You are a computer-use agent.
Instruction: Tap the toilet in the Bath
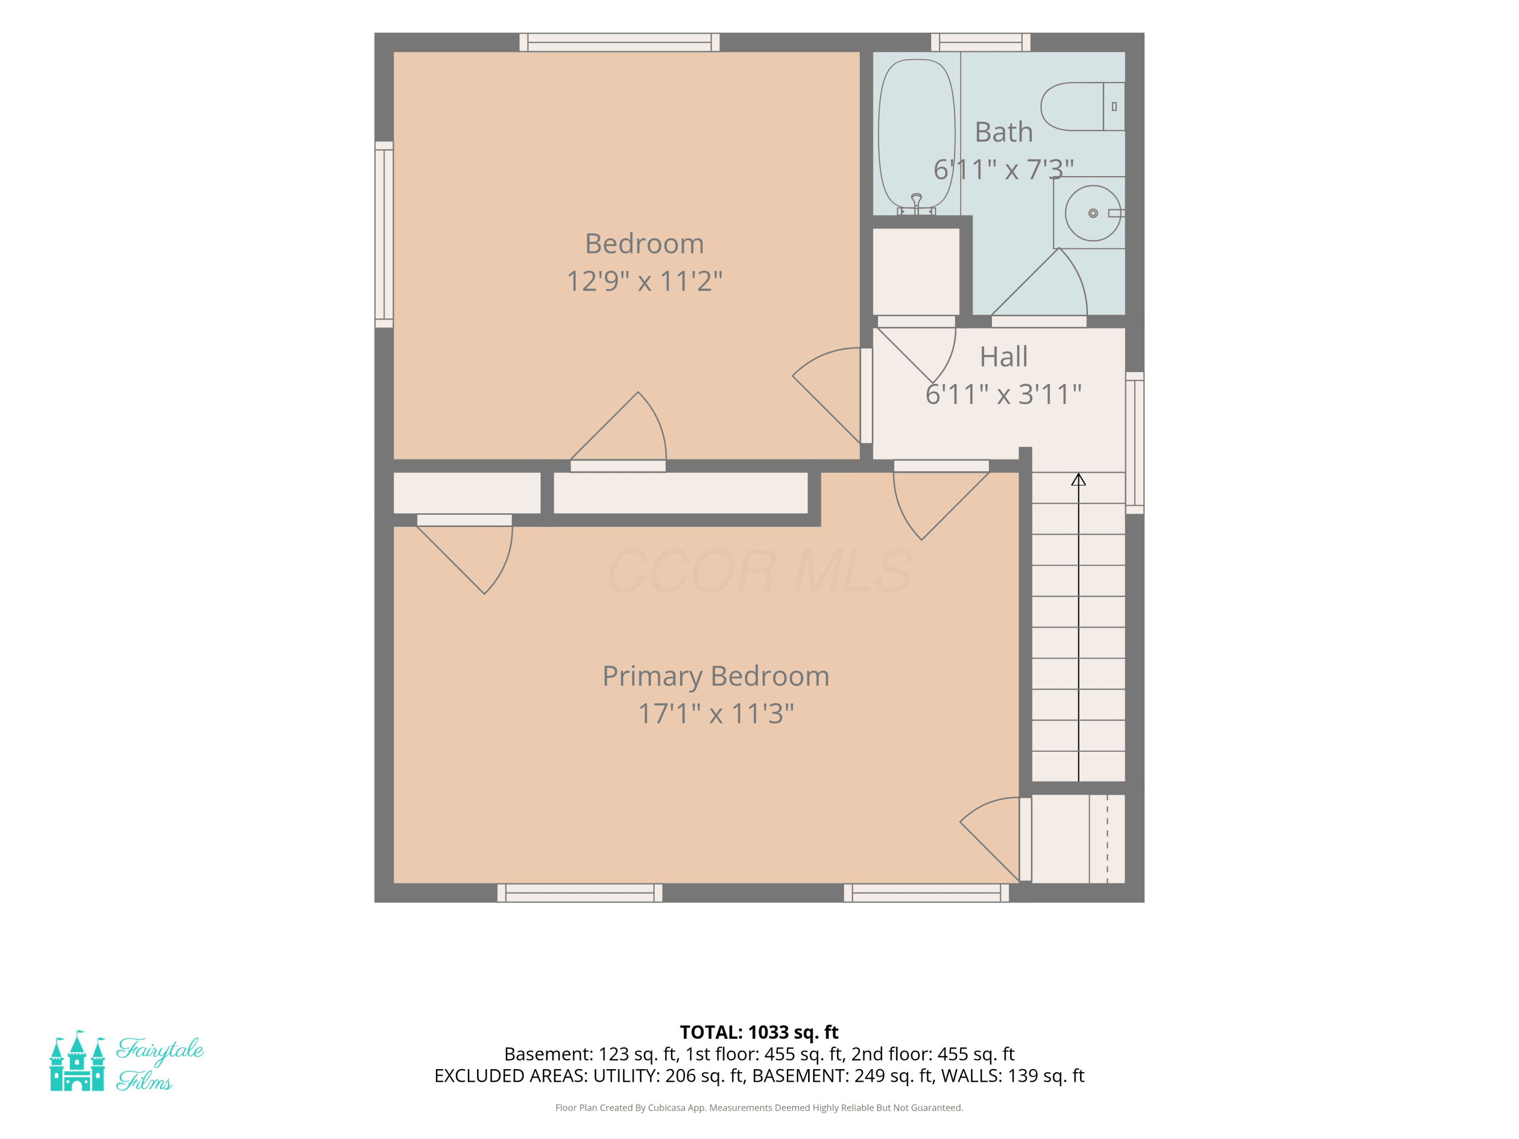pos(1082,106)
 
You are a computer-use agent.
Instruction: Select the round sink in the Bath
pos(1093,213)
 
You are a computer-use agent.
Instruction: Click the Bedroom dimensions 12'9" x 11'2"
pos(644,281)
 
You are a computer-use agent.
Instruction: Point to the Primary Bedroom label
pos(715,676)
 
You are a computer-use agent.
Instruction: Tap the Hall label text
pos(1003,356)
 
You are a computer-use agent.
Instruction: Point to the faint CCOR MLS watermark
pos(759,571)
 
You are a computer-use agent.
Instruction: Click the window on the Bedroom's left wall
pos(384,234)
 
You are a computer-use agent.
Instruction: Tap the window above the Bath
pos(981,42)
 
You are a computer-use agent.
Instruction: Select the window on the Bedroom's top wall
pos(619,42)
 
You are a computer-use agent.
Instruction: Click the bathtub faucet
pos(916,204)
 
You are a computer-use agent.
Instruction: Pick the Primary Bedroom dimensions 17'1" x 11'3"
pos(715,713)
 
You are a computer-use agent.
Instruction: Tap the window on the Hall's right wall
pos(1135,443)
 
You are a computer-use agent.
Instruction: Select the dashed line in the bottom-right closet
pos(1107,838)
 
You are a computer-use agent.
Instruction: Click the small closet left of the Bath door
pos(916,272)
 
